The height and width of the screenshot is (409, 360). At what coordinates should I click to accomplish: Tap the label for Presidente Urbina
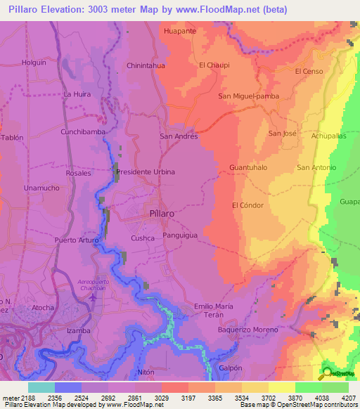click(146, 171)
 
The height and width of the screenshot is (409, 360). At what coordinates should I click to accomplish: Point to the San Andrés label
click(179, 136)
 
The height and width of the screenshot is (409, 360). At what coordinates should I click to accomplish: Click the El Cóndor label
click(247, 205)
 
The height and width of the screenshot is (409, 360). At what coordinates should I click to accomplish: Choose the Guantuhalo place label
click(247, 168)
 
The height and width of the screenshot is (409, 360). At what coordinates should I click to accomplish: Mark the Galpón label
click(231, 368)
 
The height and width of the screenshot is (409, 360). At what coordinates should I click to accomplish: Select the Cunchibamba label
click(83, 131)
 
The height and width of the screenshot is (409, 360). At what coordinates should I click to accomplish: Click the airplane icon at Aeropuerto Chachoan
click(94, 297)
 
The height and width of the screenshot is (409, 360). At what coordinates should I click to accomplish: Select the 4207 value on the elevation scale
click(349, 397)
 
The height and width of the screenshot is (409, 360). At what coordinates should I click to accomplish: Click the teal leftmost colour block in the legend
click(41, 387)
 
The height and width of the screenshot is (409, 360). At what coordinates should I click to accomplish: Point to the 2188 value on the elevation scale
click(20, 397)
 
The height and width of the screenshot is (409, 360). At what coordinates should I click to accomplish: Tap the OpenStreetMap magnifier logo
click(326, 373)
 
